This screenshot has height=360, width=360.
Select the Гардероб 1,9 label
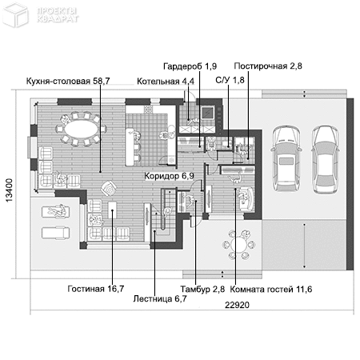[190, 66]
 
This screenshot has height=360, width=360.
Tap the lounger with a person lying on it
[53, 212]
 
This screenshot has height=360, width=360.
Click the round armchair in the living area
[109, 189]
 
